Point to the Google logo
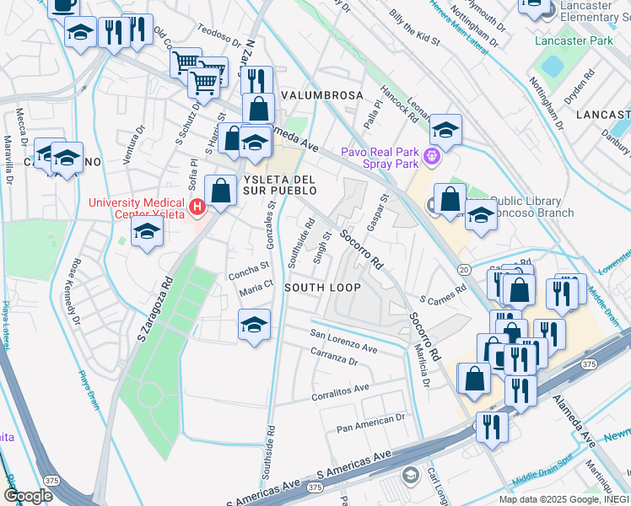point(28,496)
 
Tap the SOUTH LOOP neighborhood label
point(322,288)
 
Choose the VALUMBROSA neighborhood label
point(322,95)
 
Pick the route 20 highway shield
point(464,268)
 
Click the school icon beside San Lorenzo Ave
point(254,325)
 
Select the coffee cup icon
point(63,4)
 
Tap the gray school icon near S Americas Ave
point(410,476)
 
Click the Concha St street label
point(248,275)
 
